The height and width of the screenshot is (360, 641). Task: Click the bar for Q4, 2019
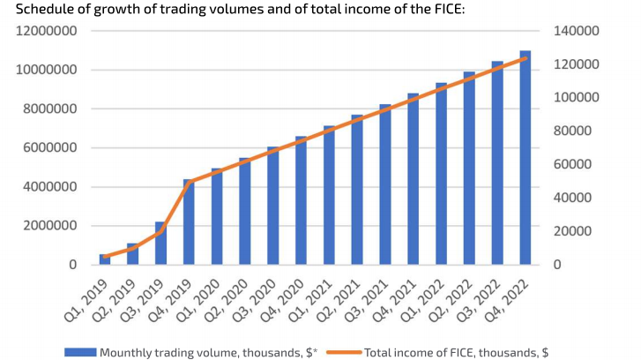tap(188, 222)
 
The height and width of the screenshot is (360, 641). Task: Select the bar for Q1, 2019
tap(104, 259)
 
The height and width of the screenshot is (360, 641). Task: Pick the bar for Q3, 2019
tap(160, 244)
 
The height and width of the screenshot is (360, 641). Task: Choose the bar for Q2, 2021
tap(356, 190)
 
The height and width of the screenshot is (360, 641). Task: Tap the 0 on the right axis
tap(556, 265)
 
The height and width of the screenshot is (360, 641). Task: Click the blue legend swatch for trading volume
tap(79, 352)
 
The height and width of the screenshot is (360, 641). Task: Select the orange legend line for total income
tap(343, 352)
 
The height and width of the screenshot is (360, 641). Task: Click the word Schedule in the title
tap(34, 10)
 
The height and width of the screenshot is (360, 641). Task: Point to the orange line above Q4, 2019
tap(188, 181)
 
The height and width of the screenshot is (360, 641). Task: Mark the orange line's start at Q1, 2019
tap(104, 256)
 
